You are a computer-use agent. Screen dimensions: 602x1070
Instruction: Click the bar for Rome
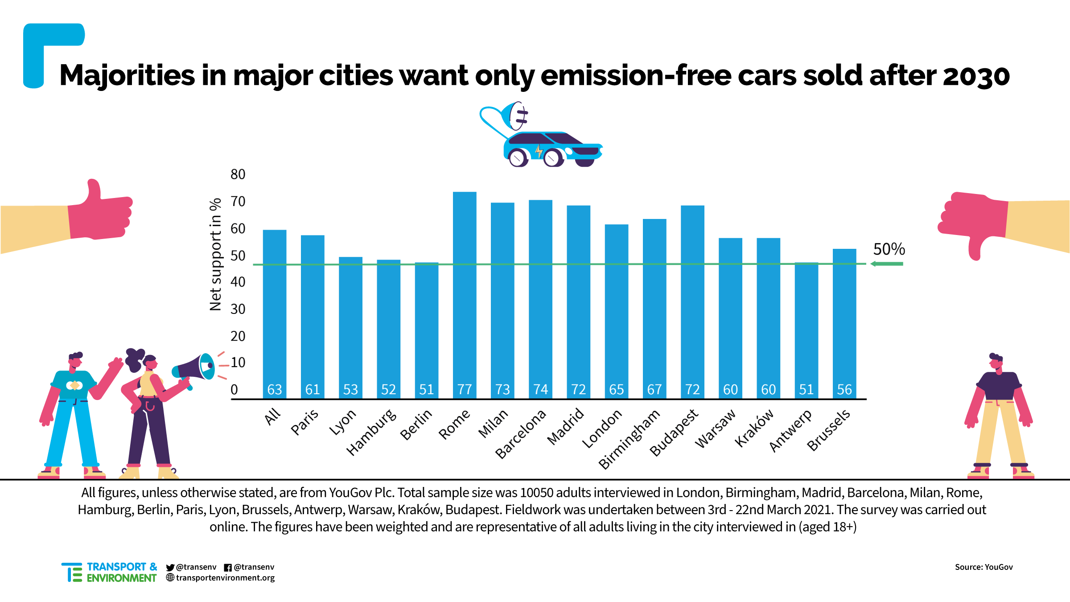coord(465,294)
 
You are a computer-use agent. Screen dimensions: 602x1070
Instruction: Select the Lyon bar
coord(350,326)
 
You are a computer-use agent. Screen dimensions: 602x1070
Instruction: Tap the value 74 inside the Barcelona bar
coord(540,390)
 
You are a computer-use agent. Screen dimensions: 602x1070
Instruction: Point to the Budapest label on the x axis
coord(674,433)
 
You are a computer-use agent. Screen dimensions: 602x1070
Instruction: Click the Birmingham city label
coord(629,439)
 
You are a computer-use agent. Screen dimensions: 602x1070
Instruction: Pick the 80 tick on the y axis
coord(238,174)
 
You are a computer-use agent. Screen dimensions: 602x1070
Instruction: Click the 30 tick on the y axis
coord(238,309)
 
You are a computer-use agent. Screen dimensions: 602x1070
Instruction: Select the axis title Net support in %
coord(216,254)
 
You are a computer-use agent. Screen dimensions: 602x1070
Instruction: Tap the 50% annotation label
coord(889,249)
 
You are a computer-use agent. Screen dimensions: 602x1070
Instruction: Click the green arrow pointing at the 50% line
coord(887,264)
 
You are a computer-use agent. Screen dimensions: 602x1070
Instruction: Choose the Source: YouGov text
coord(984,567)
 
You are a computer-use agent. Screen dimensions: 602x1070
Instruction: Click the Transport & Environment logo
coord(109,572)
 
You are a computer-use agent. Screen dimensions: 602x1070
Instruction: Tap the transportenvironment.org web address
coord(225,578)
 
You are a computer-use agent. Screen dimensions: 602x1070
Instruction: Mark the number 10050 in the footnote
coord(536,493)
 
